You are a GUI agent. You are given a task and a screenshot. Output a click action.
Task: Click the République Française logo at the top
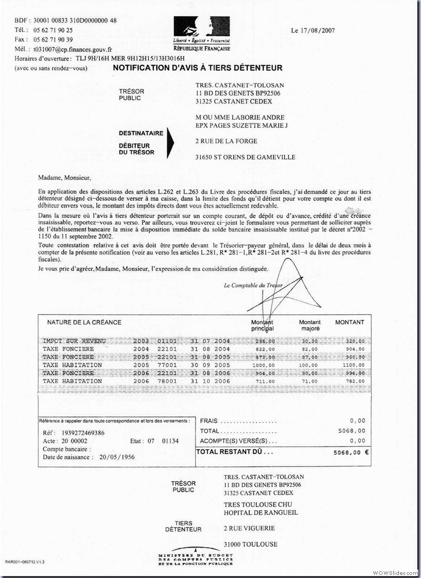[x=202, y=33]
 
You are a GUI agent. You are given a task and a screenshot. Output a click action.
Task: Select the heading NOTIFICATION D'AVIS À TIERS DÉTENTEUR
[x=197, y=68]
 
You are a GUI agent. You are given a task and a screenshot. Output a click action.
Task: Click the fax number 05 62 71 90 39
[x=53, y=39]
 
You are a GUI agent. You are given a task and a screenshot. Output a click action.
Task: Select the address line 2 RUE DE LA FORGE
[x=226, y=141]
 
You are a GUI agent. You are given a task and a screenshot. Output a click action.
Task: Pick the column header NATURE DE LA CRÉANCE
[x=84, y=322]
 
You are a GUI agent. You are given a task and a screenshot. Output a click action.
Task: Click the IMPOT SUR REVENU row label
[x=74, y=341]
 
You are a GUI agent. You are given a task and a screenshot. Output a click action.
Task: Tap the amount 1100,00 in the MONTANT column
[x=354, y=365]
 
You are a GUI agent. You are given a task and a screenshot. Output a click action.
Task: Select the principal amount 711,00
[x=264, y=381]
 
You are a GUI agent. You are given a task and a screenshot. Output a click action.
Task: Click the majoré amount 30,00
[x=310, y=341]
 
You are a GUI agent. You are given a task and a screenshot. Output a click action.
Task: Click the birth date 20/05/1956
[x=117, y=457]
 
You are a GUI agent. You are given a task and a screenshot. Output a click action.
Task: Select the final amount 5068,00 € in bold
[x=350, y=451]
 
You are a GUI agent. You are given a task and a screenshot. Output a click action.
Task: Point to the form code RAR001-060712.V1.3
[x=25, y=562]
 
